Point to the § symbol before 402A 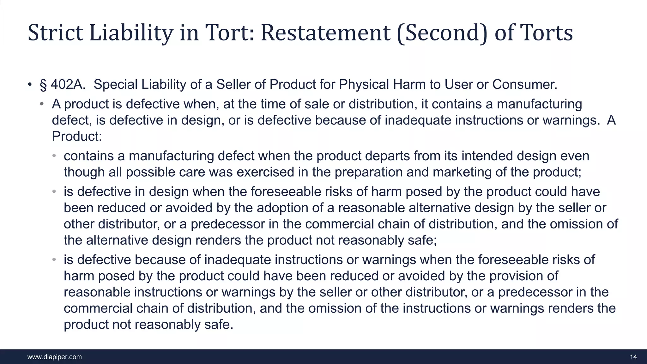click(43, 85)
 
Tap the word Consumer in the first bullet click(525, 84)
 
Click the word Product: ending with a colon click(77, 136)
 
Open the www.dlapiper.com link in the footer click(55, 357)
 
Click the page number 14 click(633, 357)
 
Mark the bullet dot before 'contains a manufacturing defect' click(54, 156)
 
